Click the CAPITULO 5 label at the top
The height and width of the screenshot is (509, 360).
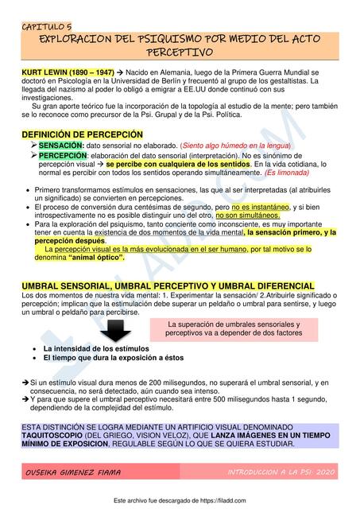[x=48, y=25]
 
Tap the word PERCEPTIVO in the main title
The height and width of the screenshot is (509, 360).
[x=180, y=53]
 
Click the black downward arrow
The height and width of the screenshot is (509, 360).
[x=125, y=331]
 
